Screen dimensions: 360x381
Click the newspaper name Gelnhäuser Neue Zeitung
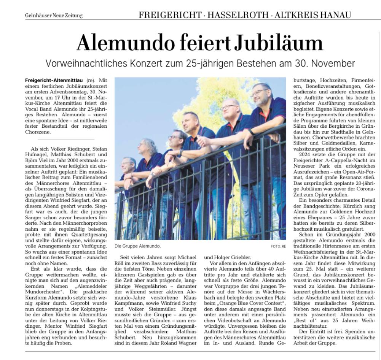pos(54,15)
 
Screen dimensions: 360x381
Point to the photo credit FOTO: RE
pos(278,247)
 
